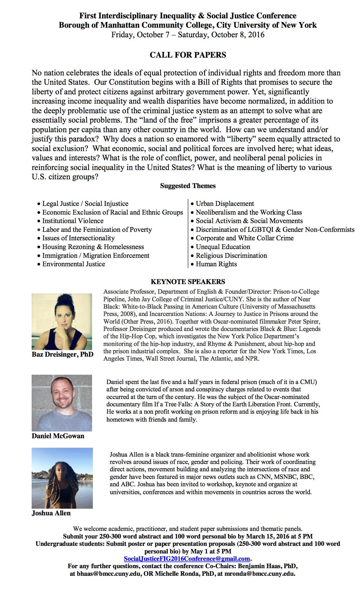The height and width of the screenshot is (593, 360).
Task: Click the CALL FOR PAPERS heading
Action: tap(188, 55)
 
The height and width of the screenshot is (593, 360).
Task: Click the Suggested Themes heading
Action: tap(188, 186)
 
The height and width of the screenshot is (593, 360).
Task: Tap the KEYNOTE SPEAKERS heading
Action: tap(188, 282)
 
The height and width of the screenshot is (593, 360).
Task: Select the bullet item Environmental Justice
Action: tap(73, 264)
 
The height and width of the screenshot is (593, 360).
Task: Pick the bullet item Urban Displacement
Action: tap(225, 204)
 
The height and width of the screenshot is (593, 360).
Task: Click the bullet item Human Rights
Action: tap(216, 264)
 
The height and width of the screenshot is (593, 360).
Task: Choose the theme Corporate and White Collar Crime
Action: tap(245, 238)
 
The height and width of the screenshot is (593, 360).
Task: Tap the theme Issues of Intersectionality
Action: tap(78, 238)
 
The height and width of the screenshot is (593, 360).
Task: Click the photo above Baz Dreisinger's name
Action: tap(62, 321)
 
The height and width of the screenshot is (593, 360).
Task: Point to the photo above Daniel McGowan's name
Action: tap(62, 403)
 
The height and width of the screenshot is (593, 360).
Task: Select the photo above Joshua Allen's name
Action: tap(62, 478)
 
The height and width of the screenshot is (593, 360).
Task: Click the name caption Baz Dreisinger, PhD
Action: tap(62, 354)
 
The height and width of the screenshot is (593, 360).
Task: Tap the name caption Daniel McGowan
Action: tap(58, 436)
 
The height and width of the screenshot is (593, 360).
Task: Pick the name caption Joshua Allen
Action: tap(51, 513)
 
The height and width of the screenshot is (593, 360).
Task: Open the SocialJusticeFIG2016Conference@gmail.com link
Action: tap(187, 559)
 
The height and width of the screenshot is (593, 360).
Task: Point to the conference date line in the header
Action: tap(188, 35)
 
